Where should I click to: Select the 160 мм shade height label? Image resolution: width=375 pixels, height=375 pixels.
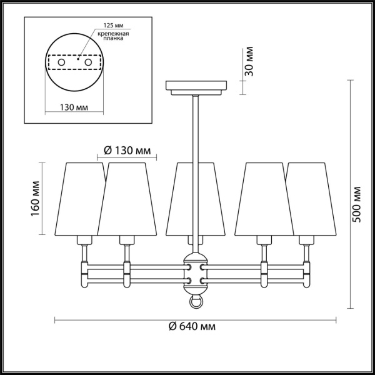pos(36,198)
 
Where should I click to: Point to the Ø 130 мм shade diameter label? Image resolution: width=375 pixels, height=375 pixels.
pos(127,150)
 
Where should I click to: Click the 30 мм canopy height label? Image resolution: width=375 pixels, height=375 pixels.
pos(249,61)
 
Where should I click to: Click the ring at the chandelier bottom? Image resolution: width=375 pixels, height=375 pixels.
pos(196,302)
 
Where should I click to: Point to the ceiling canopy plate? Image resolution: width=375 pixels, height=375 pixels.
pos(196,86)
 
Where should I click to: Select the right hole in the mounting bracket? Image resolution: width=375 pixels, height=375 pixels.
pos(88,64)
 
